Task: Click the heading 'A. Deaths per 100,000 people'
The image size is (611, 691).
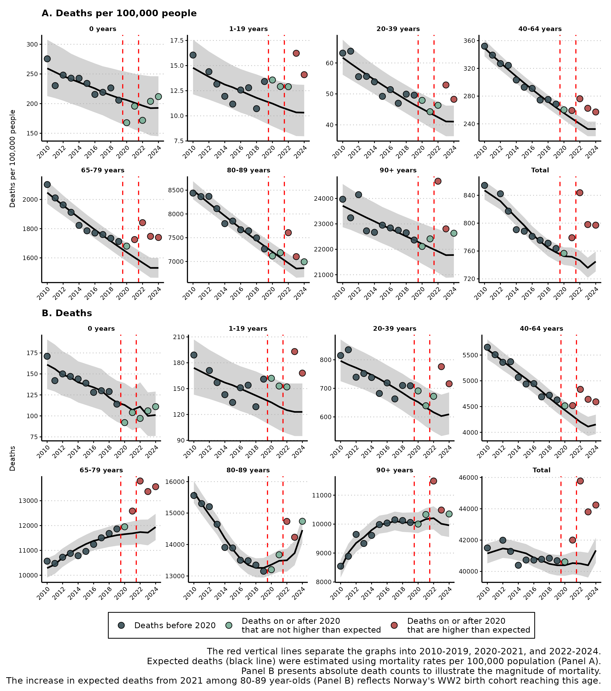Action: coord(119,13)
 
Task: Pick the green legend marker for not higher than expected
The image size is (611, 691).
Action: coord(229,625)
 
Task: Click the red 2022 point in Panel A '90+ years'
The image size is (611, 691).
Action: coord(438,181)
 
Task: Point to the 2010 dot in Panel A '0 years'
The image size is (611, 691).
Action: coord(47,59)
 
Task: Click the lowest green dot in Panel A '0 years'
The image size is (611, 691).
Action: coord(126,123)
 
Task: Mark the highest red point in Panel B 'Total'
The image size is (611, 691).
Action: coord(580,481)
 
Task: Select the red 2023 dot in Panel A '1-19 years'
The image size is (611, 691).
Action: coord(296,53)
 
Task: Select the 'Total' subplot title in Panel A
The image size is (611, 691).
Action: coord(540,170)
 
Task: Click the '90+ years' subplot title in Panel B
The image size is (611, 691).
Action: coord(395,470)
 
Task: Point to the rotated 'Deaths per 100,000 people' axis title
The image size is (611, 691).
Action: coord(13,159)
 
